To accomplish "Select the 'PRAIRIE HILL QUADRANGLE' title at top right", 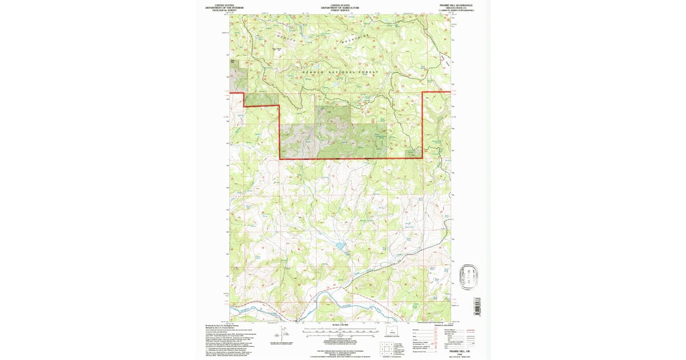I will click(460, 5).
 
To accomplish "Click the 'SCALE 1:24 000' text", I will click(343, 325).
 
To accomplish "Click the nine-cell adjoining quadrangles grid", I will click(388, 349).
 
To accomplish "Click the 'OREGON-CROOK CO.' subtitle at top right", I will click(460, 7).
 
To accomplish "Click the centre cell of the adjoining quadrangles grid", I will click(388, 349).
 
